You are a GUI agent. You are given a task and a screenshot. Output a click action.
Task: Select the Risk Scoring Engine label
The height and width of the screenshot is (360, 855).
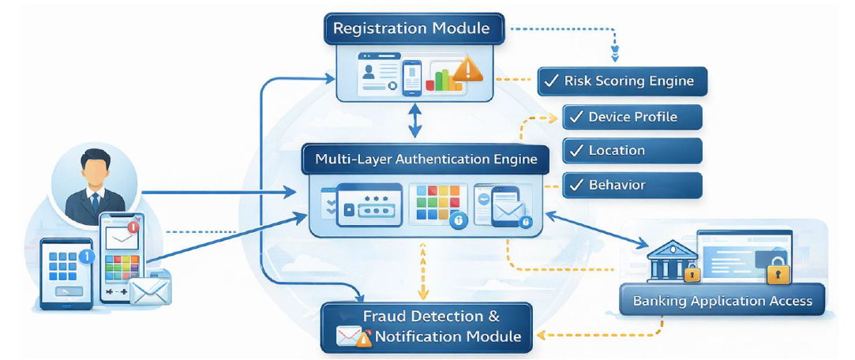(x=622, y=81)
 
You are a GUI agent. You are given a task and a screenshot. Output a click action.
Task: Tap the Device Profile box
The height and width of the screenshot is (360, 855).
(x=632, y=117)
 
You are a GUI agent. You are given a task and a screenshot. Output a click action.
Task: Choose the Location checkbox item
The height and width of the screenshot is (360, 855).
(x=632, y=151)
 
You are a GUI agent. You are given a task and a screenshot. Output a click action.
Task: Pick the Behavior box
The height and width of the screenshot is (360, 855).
(x=632, y=186)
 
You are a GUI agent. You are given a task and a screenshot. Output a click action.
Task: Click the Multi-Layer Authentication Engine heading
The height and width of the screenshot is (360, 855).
(x=426, y=159)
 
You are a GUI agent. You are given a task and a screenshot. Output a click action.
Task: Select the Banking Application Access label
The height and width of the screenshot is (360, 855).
(x=722, y=301)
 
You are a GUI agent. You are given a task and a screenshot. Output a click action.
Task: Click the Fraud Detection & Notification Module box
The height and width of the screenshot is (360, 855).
(x=427, y=327)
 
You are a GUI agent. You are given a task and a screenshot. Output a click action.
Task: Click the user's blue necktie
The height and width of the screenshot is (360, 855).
(x=96, y=203)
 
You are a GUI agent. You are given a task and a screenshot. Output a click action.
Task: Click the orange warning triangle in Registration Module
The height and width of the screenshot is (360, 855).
(x=469, y=69)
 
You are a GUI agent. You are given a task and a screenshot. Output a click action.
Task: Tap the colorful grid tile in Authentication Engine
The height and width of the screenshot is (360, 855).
(x=431, y=204)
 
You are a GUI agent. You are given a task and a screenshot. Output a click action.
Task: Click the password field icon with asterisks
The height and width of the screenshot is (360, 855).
(x=369, y=207)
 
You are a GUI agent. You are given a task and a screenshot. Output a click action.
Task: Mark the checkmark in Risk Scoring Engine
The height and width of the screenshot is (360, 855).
(x=551, y=81)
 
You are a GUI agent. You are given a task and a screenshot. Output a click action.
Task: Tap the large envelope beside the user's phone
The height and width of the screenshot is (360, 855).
(x=150, y=291)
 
